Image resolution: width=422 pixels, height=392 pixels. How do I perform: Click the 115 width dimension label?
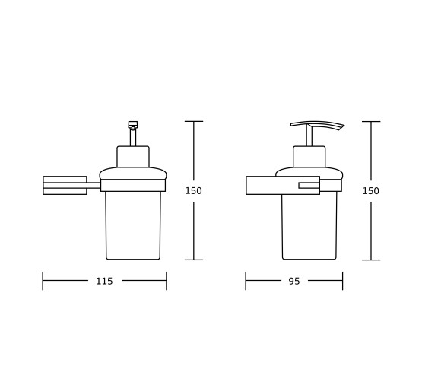point(104,282)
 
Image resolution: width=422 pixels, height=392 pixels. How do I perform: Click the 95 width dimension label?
point(294,282)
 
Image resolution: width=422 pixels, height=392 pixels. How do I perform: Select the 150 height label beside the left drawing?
point(193,191)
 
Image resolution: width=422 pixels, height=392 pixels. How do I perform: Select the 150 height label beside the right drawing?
point(371,191)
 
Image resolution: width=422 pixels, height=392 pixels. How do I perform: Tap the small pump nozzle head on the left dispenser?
point(133,125)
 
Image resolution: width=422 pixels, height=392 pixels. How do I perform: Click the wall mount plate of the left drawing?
point(65,186)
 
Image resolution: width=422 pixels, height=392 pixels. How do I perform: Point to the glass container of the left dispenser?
point(133,225)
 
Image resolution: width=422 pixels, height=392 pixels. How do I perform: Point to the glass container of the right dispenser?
point(309,226)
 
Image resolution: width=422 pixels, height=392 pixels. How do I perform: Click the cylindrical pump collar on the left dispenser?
point(133,157)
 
